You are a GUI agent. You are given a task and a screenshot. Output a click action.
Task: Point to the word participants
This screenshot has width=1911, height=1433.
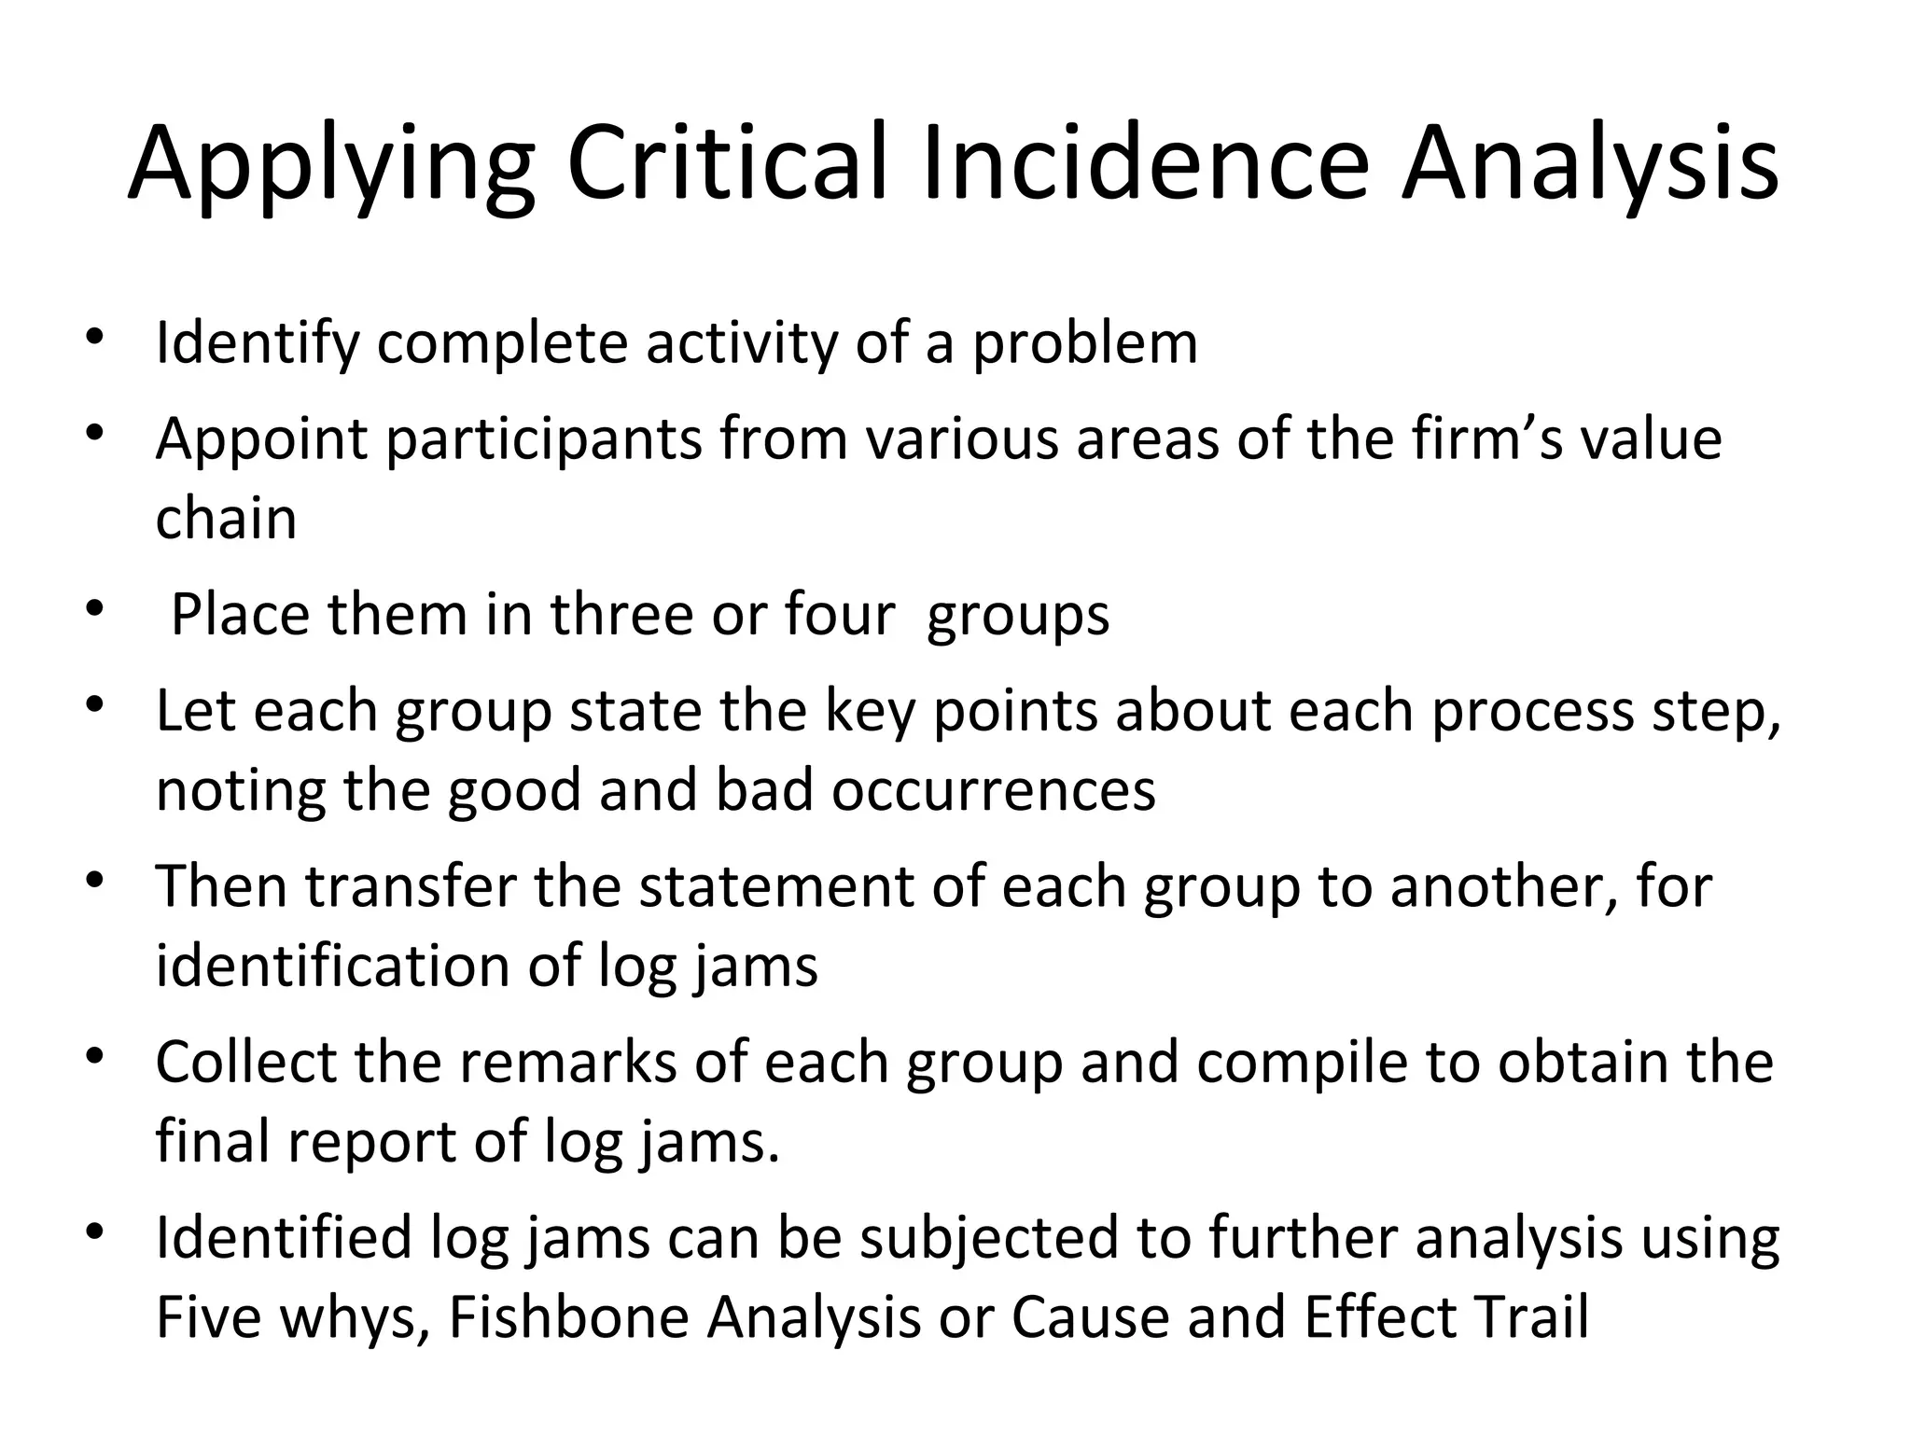coord(544,441)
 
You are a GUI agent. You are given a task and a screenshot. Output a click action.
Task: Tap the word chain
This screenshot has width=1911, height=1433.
coord(226,519)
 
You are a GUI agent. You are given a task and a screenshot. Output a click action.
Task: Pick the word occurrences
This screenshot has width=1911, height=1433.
coord(993,791)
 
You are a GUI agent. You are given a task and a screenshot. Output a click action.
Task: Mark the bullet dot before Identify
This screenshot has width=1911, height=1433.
coord(92,339)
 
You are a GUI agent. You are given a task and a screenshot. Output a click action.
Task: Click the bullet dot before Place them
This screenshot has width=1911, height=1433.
coord(92,610)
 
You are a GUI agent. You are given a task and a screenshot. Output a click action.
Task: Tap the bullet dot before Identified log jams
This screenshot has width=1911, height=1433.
coord(92,1234)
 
